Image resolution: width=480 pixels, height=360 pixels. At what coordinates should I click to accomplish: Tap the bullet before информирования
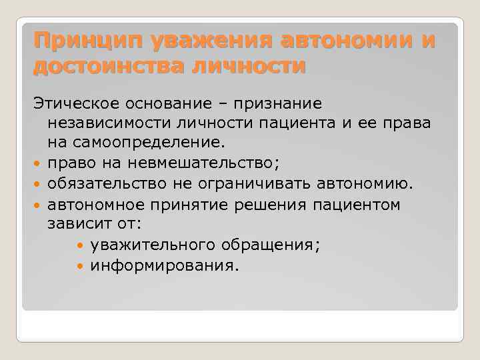click(x=81, y=265)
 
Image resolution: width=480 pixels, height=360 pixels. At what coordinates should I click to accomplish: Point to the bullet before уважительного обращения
click(x=81, y=245)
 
